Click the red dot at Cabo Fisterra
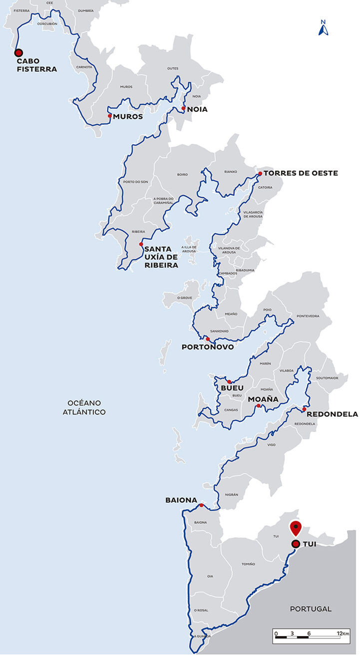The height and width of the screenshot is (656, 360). click(x=18, y=52)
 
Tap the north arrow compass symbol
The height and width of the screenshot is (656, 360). click(x=323, y=28)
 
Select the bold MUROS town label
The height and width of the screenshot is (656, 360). click(x=128, y=117)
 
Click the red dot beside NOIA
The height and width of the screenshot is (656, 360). click(x=183, y=108)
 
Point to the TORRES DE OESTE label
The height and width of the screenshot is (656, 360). click(x=301, y=173)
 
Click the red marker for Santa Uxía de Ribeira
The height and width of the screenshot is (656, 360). click(x=141, y=244)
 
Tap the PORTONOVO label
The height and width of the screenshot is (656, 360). click(x=207, y=347)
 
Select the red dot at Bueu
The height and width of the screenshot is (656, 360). click(x=229, y=382)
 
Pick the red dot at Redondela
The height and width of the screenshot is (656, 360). click(x=304, y=409)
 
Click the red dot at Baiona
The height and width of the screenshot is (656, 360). click(x=201, y=505)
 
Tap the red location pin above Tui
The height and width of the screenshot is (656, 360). click(x=296, y=527)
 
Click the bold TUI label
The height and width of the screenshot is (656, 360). click(x=310, y=544)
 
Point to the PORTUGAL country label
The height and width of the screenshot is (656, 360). click(x=310, y=609)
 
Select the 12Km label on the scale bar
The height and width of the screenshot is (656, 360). click(x=343, y=633)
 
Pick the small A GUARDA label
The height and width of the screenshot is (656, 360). click(x=203, y=636)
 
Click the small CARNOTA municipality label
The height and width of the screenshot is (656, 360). click(x=84, y=66)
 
